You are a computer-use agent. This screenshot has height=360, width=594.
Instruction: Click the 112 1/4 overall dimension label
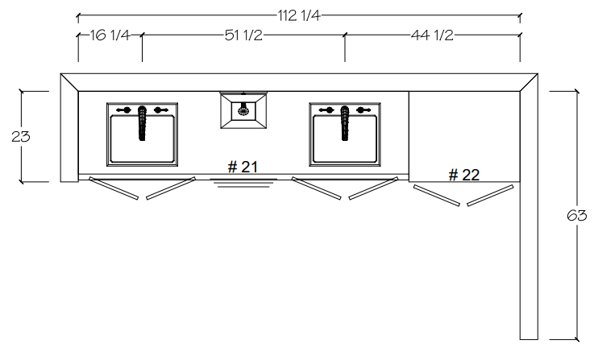click(299, 16)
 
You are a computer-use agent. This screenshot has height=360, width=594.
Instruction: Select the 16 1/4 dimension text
click(110, 35)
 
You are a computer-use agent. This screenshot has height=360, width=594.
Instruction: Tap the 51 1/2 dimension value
click(243, 35)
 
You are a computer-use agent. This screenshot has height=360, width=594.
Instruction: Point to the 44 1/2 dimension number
click(432, 35)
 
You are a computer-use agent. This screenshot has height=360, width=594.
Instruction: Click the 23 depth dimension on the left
click(20, 136)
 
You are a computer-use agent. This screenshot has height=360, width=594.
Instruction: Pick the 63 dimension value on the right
click(576, 215)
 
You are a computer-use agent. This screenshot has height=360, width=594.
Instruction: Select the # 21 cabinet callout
click(243, 167)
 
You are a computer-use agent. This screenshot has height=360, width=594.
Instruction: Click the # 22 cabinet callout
click(464, 175)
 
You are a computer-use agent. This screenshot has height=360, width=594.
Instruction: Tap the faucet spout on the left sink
click(142, 123)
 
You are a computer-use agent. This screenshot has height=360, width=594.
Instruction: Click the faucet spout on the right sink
click(345, 123)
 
